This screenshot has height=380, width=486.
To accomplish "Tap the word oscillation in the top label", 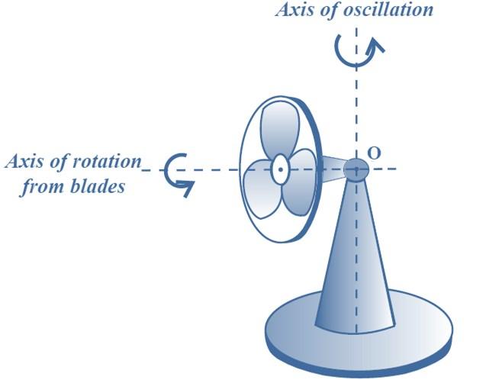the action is [388, 9].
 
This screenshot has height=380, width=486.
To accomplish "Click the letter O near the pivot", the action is [374, 153].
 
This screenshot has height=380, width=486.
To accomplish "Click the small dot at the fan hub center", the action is [281, 169].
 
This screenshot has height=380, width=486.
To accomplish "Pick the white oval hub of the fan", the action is [281, 169].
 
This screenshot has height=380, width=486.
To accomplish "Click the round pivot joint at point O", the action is [356, 169].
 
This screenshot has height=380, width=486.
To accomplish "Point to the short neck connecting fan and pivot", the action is [333, 169].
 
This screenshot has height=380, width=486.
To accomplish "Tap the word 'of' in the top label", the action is [330, 9].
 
